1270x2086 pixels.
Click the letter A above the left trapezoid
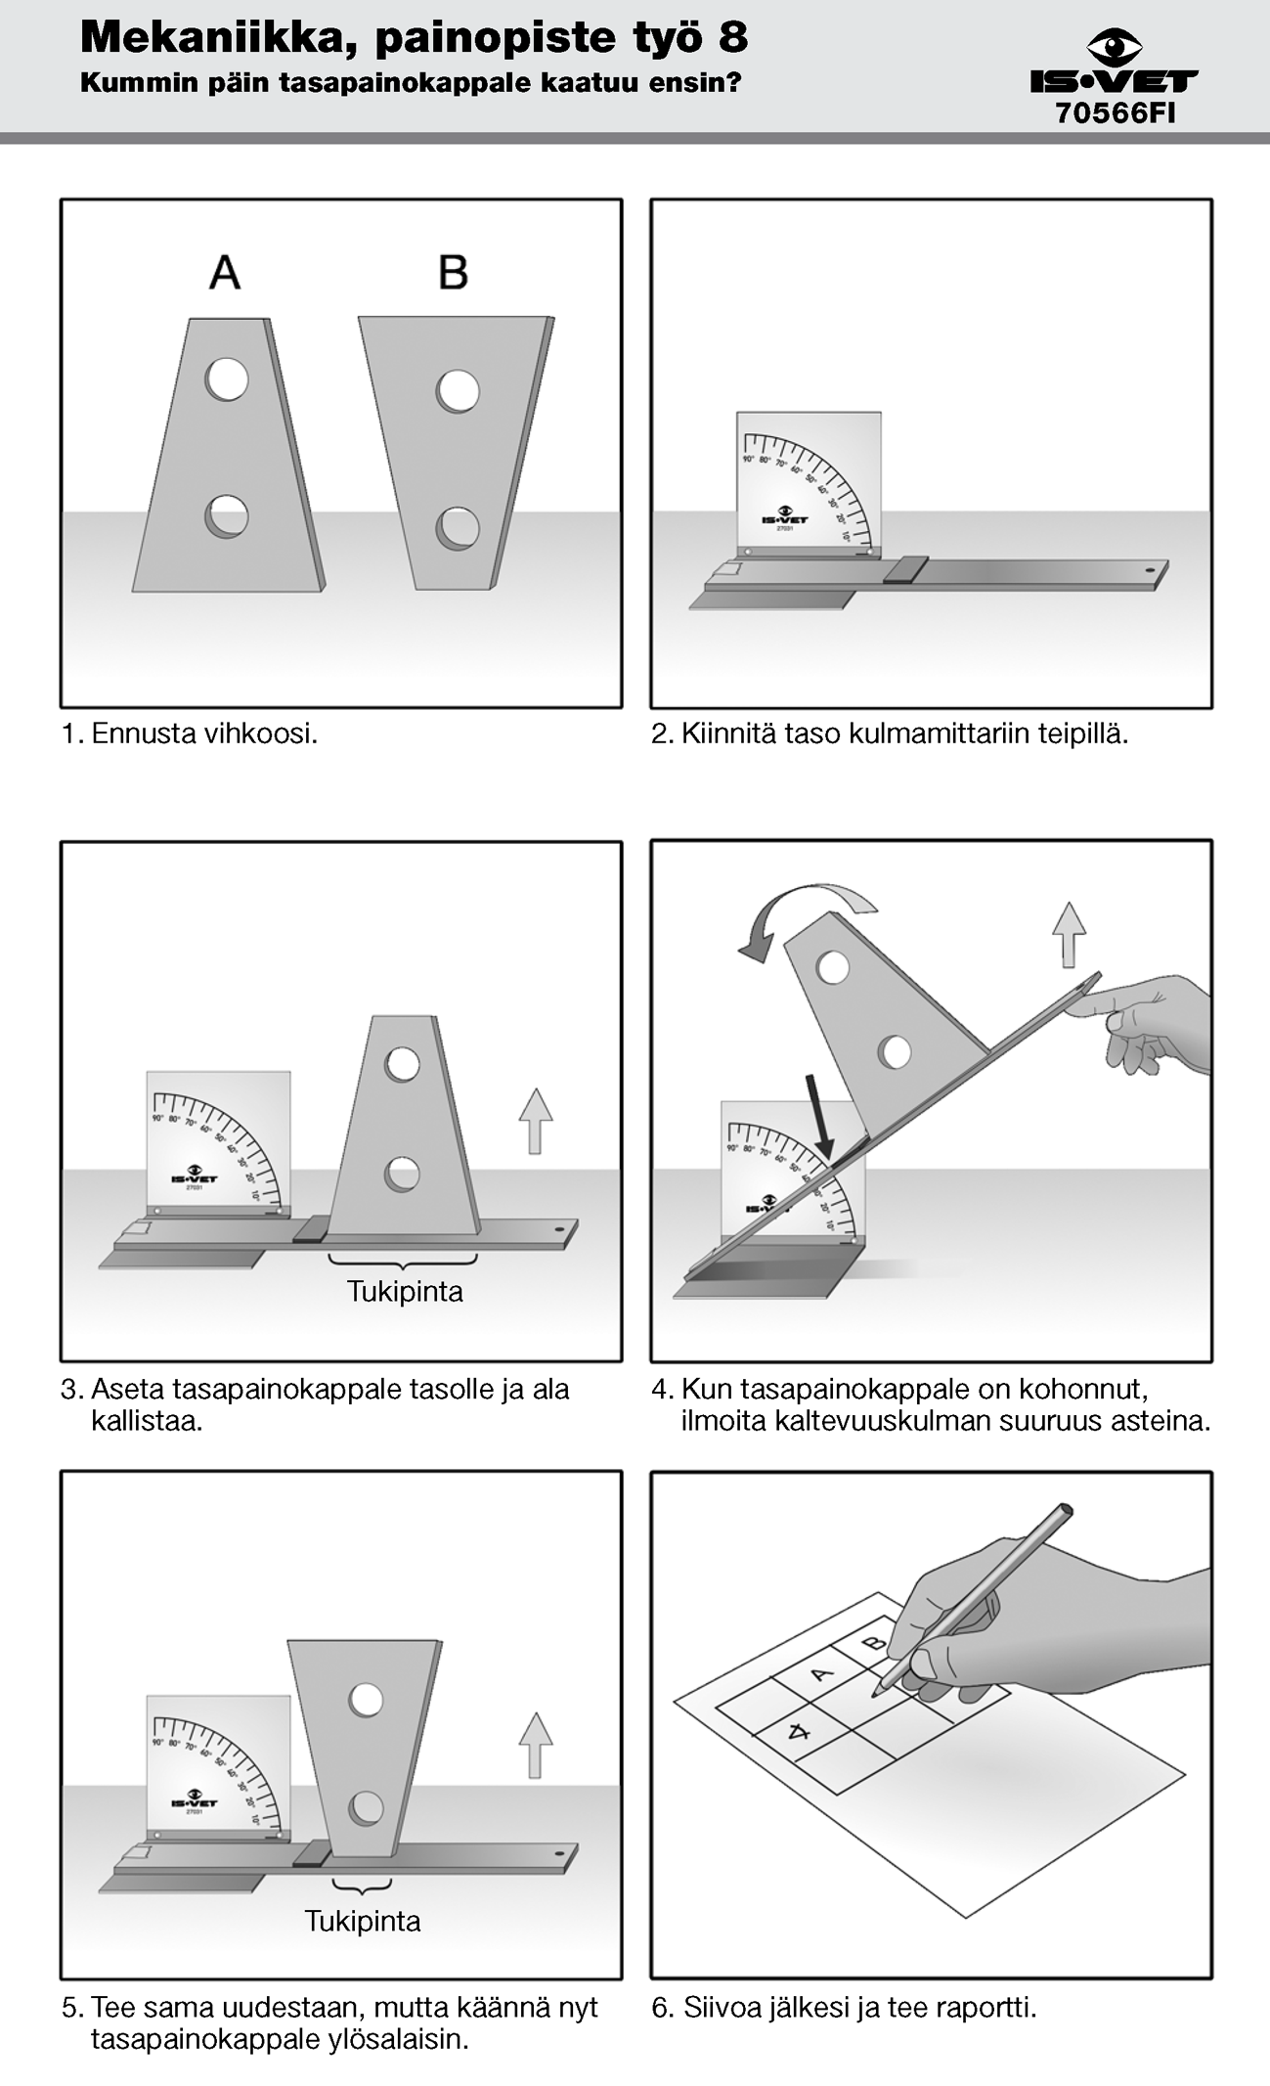(225, 273)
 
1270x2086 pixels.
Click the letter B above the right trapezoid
(453, 273)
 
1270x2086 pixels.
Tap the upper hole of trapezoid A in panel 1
(227, 378)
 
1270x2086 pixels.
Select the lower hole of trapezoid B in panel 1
(458, 528)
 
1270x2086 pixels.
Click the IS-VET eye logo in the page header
(1115, 47)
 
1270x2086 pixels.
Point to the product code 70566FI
(1115, 113)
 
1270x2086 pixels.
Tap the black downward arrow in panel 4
(819, 1116)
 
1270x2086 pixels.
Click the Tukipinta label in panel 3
(405, 1291)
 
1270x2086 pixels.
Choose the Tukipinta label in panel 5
(362, 1921)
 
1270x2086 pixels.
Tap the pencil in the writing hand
(978, 1593)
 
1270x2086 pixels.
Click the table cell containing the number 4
(800, 1733)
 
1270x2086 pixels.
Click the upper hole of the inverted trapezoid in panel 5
(367, 1700)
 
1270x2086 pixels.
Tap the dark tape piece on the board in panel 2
(906, 569)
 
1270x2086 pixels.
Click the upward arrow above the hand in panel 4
(1069, 933)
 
